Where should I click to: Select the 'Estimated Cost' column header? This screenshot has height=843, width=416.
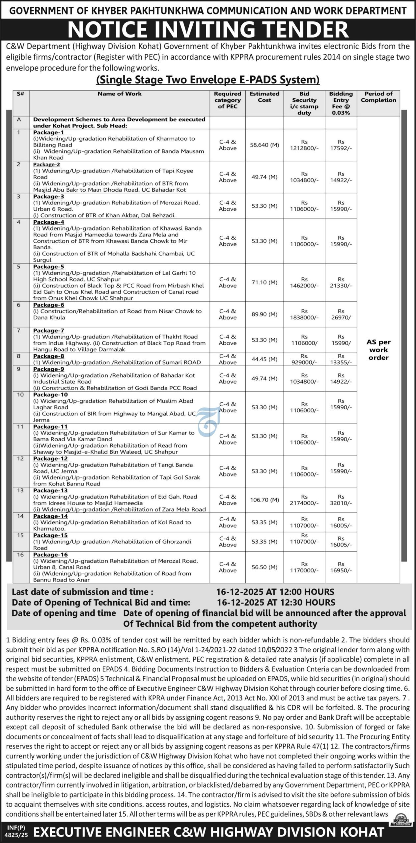264,97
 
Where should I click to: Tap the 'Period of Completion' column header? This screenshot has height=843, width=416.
378,97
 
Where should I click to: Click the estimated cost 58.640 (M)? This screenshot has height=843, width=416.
264,145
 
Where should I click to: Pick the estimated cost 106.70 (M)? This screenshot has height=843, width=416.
264,500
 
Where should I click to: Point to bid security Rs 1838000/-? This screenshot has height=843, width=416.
304,314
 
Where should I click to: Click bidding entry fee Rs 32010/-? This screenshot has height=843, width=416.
341,500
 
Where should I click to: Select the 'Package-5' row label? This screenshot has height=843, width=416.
48,266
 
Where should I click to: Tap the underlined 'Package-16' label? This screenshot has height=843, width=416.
50,555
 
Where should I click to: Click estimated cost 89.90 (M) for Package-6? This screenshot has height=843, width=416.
264,314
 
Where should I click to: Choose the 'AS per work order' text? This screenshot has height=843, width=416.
378,350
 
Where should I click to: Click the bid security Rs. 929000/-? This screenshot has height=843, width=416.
304,359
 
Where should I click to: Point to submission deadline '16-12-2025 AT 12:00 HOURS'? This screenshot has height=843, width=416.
275,592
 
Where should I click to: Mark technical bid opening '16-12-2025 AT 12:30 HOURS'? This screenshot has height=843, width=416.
276,602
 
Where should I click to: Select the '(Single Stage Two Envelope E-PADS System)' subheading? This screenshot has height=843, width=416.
208,80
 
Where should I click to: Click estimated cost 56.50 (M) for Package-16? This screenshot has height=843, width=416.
264,567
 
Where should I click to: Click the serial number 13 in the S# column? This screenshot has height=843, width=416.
20,490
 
